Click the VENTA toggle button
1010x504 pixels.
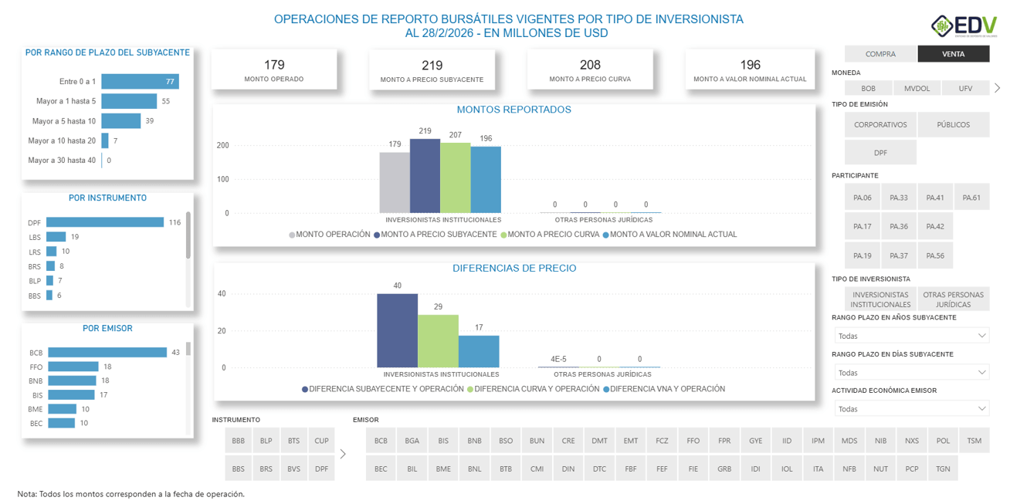point(952,54)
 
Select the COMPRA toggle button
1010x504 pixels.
point(880,54)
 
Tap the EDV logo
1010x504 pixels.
point(964,26)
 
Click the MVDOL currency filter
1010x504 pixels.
point(917,89)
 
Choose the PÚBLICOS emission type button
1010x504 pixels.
point(953,125)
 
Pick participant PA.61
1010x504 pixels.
point(971,198)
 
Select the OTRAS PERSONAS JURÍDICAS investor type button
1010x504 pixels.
point(953,299)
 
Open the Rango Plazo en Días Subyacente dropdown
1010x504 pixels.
point(911,372)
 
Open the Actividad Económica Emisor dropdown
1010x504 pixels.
point(911,408)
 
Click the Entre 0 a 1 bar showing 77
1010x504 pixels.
point(140,81)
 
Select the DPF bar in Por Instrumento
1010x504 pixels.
point(105,222)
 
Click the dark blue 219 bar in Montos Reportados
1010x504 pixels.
point(425,176)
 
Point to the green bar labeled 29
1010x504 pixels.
point(438,340)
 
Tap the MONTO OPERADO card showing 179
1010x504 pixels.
point(274,69)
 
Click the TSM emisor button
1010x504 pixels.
point(974,441)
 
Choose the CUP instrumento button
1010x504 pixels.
point(321,441)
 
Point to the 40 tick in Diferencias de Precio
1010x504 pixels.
point(222,294)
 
